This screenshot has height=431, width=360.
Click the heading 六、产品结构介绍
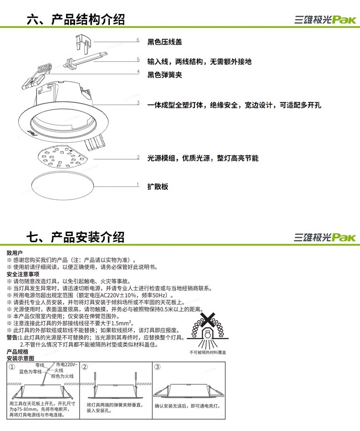coord(75,20)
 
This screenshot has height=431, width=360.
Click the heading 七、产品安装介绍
coord(75,237)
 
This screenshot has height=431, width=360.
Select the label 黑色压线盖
coord(165,42)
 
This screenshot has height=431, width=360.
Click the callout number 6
coord(138,40)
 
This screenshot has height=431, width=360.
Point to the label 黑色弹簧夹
coord(165,75)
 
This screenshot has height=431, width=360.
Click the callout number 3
coord(138,103)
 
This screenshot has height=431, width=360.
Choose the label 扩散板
coord(158,187)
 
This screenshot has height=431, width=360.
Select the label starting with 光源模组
coord(203,158)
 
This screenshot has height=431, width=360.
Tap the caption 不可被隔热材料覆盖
coord(208,353)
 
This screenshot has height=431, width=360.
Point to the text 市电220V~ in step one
coord(67,365)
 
